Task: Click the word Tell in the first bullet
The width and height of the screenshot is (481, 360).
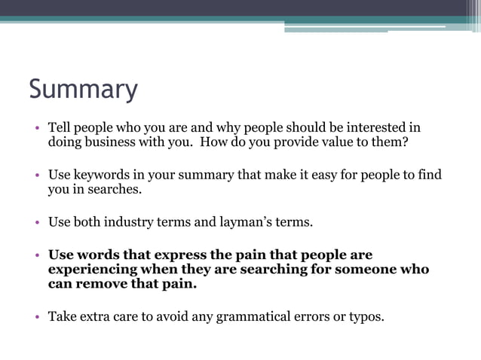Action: pos(60,127)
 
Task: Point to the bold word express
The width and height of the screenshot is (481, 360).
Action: pos(176,255)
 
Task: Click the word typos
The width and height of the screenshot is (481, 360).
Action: pos(365,316)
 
